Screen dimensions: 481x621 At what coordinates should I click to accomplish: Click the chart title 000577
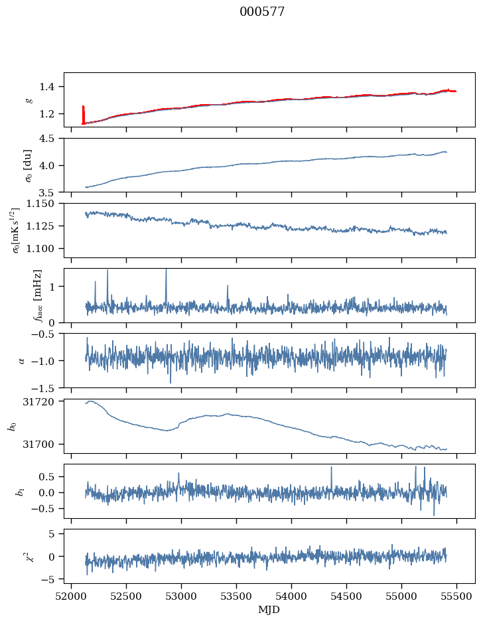click(262, 12)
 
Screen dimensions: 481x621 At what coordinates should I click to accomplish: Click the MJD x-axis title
click(269, 610)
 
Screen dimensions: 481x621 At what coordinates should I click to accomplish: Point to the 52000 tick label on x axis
click(71, 597)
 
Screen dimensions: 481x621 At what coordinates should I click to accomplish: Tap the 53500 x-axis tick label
click(236, 597)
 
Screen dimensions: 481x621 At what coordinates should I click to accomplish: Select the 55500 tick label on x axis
click(456, 597)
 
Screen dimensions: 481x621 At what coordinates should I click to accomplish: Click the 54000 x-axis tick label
click(291, 597)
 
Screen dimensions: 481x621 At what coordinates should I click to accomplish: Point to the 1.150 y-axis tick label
click(40, 204)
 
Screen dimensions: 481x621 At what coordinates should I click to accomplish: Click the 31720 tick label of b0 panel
click(38, 401)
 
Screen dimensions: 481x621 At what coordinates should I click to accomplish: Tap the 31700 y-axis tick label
click(38, 445)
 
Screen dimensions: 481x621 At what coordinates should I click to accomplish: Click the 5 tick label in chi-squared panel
click(51, 534)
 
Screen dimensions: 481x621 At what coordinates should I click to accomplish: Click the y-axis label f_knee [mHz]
click(38, 295)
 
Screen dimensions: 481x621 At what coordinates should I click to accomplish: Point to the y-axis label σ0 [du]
click(29, 165)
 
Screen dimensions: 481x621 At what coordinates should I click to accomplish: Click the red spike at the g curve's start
click(83, 115)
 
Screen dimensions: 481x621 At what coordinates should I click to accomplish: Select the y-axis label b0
click(13, 427)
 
